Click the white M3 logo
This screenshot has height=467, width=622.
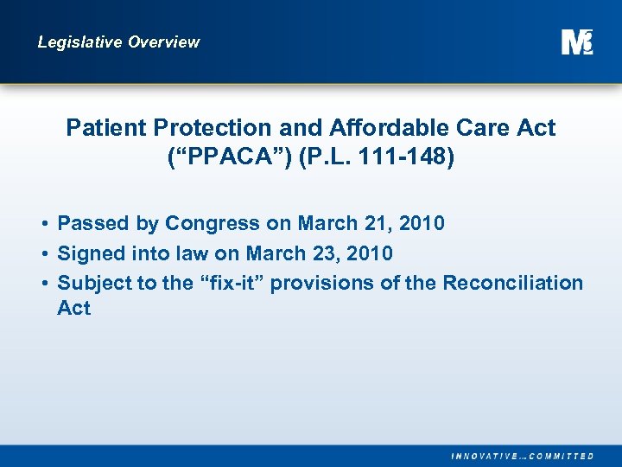coord(576,42)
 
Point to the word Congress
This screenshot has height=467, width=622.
coord(212,224)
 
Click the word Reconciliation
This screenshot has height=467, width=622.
coord(513,283)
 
